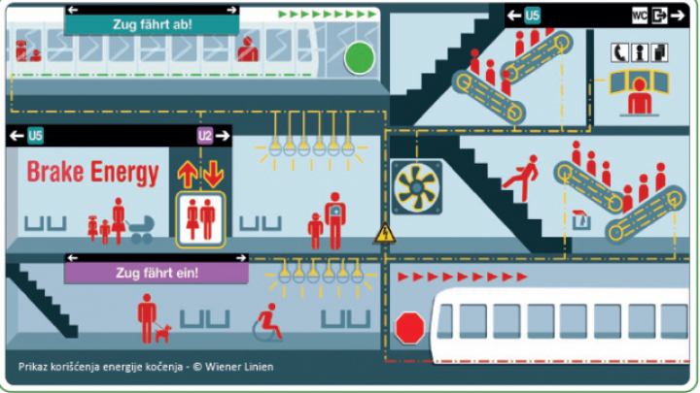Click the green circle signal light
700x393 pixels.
pyautogui.click(x=360, y=58)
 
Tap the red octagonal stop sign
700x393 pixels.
pyautogui.click(x=409, y=328)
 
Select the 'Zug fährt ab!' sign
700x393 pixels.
pyautogui.click(x=152, y=24)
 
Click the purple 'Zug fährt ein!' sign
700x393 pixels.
pyautogui.click(x=157, y=273)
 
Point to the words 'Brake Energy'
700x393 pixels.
pyautogui.click(x=93, y=173)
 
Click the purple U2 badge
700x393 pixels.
pyautogui.click(x=205, y=136)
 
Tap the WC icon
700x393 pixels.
pyautogui.click(x=640, y=16)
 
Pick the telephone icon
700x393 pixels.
pyautogui.click(x=619, y=53)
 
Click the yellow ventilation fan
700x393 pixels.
pyautogui.click(x=416, y=187)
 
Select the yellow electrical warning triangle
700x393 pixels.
pyautogui.click(x=384, y=234)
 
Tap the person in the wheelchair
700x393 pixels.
pyautogui.click(x=268, y=323)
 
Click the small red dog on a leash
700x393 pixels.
pyautogui.click(x=163, y=333)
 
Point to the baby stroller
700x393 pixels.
pyautogui.click(x=141, y=230)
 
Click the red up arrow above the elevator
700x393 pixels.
pyautogui.click(x=188, y=175)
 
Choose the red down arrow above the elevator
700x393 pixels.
pyautogui.click(x=213, y=175)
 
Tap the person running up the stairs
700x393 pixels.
pyautogui.click(x=521, y=179)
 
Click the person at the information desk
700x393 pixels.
pyautogui.click(x=640, y=96)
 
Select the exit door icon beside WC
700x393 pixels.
pyautogui.click(x=659, y=16)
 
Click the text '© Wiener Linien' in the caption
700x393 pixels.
pyautogui.click(x=233, y=367)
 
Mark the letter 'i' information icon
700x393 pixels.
pyautogui.click(x=640, y=53)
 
